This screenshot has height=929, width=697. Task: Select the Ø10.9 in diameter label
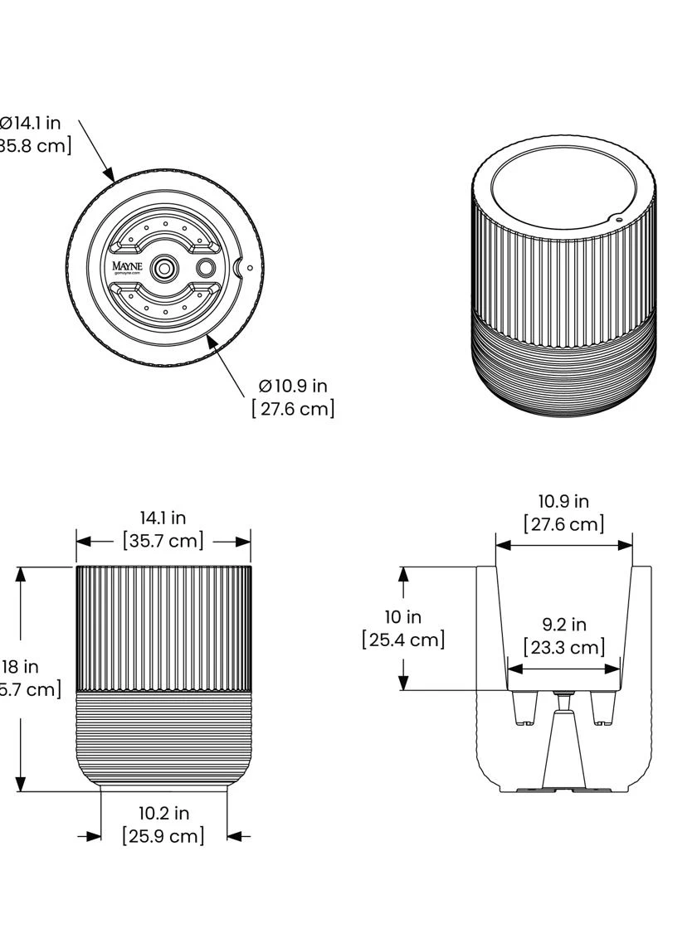click(x=292, y=386)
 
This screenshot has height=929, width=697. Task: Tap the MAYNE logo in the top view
click(x=128, y=267)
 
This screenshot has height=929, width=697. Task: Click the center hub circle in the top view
click(x=165, y=267)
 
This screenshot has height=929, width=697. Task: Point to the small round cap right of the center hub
click(x=205, y=267)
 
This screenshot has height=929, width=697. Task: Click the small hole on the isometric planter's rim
click(x=618, y=220)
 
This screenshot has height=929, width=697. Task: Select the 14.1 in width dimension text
click(x=163, y=518)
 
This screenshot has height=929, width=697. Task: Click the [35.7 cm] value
click(x=163, y=541)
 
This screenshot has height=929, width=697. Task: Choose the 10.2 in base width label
click(x=163, y=814)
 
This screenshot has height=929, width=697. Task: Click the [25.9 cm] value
click(x=163, y=835)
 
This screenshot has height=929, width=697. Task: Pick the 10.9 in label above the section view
click(x=563, y=502)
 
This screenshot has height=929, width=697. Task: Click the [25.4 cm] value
click(x=403, y=640)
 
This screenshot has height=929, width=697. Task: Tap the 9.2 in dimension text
click(x=563, y=625)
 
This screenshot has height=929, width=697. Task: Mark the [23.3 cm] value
click(x=563, y=647)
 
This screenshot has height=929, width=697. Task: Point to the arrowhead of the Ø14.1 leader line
click(x=110, y=176)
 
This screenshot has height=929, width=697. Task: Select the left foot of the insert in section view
click(x=523, y=708)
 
